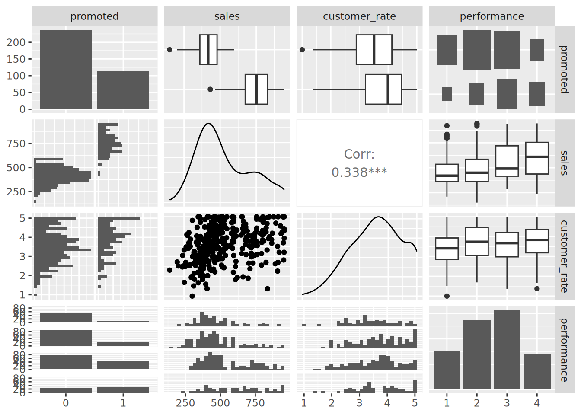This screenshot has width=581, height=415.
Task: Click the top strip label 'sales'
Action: click(x=227, y=16)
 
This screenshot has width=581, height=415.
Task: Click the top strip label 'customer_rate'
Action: click(x=359, y=16)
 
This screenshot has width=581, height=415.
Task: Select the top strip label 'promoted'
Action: click(x=94, y=16)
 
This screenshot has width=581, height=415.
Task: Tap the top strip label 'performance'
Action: click(x=492, y=16)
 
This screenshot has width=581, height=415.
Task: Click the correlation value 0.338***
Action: click(x=359, y=172)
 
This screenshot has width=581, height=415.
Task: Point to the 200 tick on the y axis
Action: click(x=16, y=42)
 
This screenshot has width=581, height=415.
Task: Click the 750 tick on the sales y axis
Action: click(x=16, y=144)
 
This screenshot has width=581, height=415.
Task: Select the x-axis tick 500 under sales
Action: click(x=220, y=403)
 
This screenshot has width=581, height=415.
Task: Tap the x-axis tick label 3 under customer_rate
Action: click(x=359, y=403)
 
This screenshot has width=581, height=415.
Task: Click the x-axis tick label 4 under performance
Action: click(x=537, y=403)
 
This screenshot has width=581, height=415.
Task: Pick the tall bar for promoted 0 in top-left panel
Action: click(x=66, y=69)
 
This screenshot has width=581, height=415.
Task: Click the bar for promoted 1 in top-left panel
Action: click(x=123, y=90)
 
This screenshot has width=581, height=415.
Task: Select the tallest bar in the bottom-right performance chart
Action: click(x=507, y=350)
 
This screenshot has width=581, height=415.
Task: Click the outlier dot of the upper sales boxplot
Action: click(x=169, y=50)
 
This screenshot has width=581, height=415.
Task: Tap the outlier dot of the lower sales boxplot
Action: click(x=210, y=89)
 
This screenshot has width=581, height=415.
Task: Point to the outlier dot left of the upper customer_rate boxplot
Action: click(x=302, y=50)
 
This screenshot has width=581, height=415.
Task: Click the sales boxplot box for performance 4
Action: click(x=537, y=158)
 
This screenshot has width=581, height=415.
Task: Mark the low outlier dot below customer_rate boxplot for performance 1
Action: click(x=447, y=296)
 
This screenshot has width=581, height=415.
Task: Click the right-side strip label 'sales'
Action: click(x=564, y=163)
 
